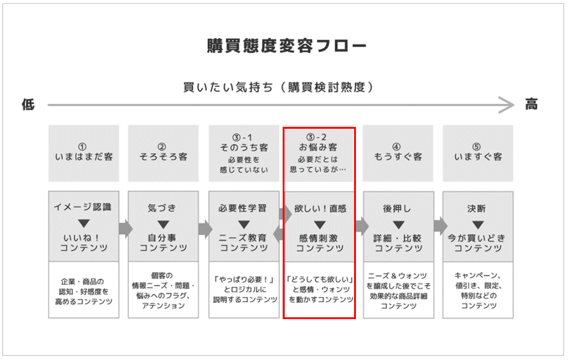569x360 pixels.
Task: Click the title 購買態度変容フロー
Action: [x=284, y=46]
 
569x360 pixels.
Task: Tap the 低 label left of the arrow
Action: [x=29, y=104]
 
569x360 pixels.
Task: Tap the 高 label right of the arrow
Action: [x=532, y=104]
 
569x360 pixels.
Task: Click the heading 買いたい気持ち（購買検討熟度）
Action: [x=278, y=87]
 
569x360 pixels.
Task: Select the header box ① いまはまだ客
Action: [x=83, y=153]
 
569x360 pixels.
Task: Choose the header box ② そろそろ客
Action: [x=162, y=153]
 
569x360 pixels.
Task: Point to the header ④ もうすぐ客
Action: [x=398, y=153]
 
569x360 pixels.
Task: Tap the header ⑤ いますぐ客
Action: [x=478, y=153]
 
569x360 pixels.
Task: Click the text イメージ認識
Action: [x=83, y=208]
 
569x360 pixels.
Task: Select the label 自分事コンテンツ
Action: [x=162, y=243]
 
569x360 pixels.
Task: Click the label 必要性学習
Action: [x=243, y=208]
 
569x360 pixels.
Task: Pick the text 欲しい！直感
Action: [x=320, y=208]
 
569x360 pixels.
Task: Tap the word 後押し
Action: [x=398, y=208]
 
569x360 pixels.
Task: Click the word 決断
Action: [x=478, y=208]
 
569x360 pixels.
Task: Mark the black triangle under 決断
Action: [x=478, y=223]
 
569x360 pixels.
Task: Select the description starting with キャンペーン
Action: [x=478, y=290]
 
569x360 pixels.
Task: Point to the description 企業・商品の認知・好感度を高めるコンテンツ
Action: [x=83, y=290]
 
